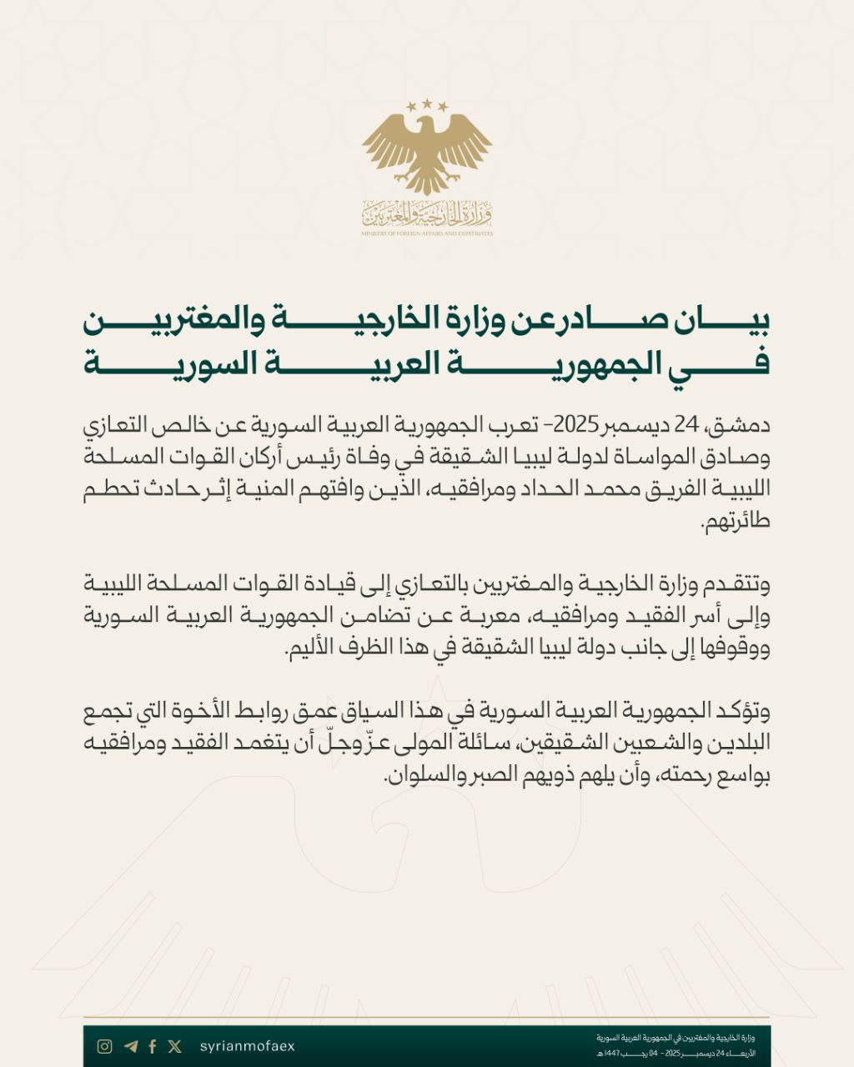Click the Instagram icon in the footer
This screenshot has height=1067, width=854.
click(104, 1046)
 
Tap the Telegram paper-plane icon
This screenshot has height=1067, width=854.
click(130, 1046)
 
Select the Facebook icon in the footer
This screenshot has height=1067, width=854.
click(153, 1046)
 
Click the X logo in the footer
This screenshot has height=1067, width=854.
click(174, 1046)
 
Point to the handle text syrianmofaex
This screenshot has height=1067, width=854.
click(248, 1046)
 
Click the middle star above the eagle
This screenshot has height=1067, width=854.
click(428, 103)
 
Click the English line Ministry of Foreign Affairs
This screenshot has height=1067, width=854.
click(427, 233)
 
